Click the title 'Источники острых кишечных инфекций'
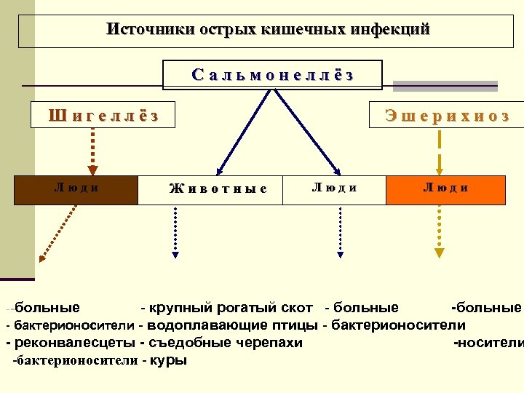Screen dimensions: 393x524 268,30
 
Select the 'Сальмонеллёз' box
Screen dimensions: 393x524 273,74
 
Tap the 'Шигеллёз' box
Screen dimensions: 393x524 103,115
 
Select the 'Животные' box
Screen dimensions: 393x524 218,189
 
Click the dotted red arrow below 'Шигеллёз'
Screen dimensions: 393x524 94,149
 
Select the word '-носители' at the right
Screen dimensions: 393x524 488,343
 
